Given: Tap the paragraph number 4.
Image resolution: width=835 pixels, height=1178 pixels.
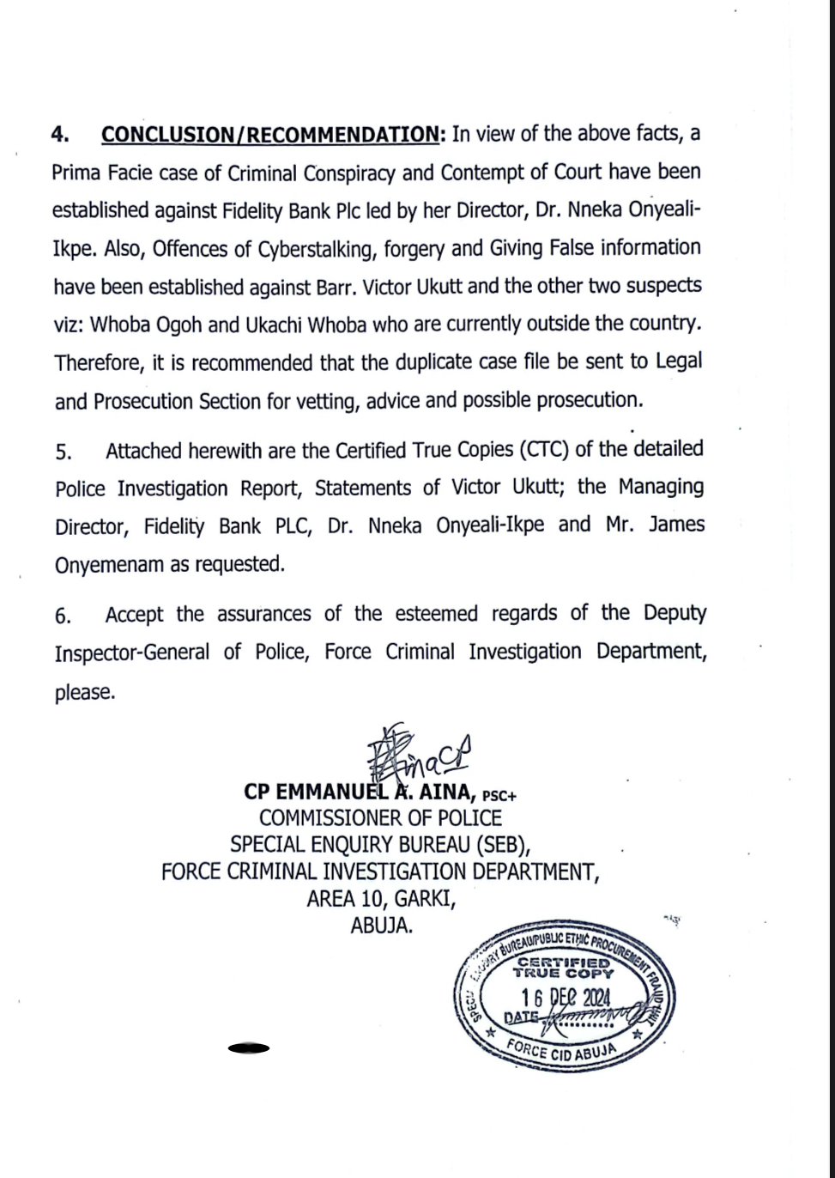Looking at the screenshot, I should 59,135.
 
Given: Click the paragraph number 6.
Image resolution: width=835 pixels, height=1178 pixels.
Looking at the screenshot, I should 62,616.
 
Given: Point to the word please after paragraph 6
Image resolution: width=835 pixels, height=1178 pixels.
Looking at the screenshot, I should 84,692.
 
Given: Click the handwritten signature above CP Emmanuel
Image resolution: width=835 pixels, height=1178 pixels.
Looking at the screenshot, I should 420,752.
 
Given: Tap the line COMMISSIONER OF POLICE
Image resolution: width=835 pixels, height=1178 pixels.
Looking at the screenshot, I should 380,818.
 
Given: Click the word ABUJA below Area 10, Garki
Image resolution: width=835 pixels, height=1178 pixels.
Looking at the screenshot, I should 381,926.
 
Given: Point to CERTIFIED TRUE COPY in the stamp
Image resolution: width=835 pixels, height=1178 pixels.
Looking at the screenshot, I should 564,968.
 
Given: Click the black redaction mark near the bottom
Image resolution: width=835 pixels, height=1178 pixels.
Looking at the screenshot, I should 249,1048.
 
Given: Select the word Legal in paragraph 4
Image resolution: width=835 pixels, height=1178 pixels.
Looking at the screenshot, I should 678,361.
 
